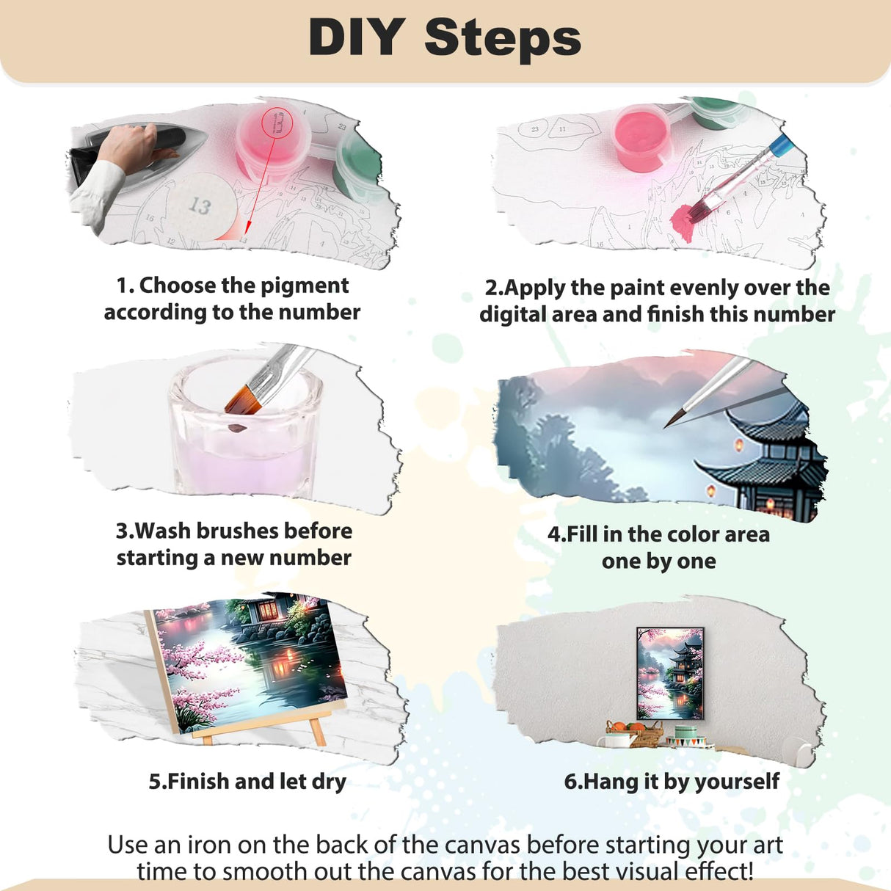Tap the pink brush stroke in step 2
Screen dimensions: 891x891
pos(691,219)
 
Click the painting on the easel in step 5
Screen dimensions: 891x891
pos(250,661)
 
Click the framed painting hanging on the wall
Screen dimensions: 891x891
pos(669,672)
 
